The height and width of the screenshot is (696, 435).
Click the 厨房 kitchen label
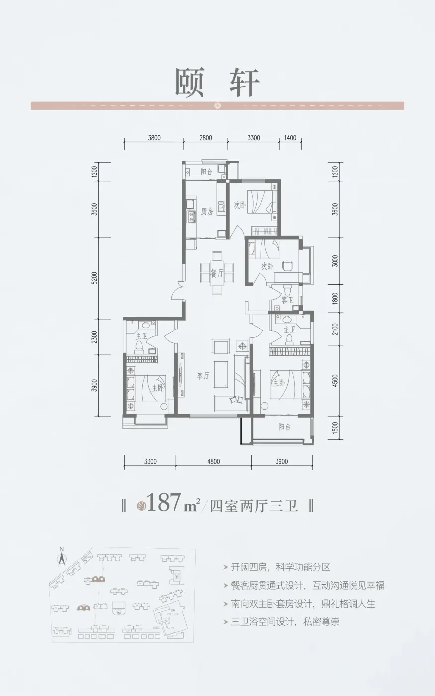click(207, 212)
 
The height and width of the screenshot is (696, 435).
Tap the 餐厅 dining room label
click(216, 273)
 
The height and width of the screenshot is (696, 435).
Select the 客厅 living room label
click(203, 376)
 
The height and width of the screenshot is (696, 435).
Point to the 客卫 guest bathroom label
click(287, 300)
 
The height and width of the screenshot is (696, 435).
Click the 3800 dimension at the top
click(154, 138)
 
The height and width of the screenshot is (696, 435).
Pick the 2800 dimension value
click(206, 138)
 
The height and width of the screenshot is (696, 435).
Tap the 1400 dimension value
click(290, 138)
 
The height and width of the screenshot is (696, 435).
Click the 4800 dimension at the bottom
click(213, 462)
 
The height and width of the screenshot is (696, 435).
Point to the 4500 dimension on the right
click(335, 381)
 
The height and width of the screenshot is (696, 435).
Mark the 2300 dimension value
click(95, 337)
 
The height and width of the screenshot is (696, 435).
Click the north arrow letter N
click(61, 549)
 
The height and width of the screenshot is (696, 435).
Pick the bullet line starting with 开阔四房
click(280, 567)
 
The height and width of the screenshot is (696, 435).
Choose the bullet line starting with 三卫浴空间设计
click(284, 622)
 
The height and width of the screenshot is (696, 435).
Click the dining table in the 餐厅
click(217, 273)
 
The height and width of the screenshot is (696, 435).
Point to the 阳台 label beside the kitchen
click(207, 172)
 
